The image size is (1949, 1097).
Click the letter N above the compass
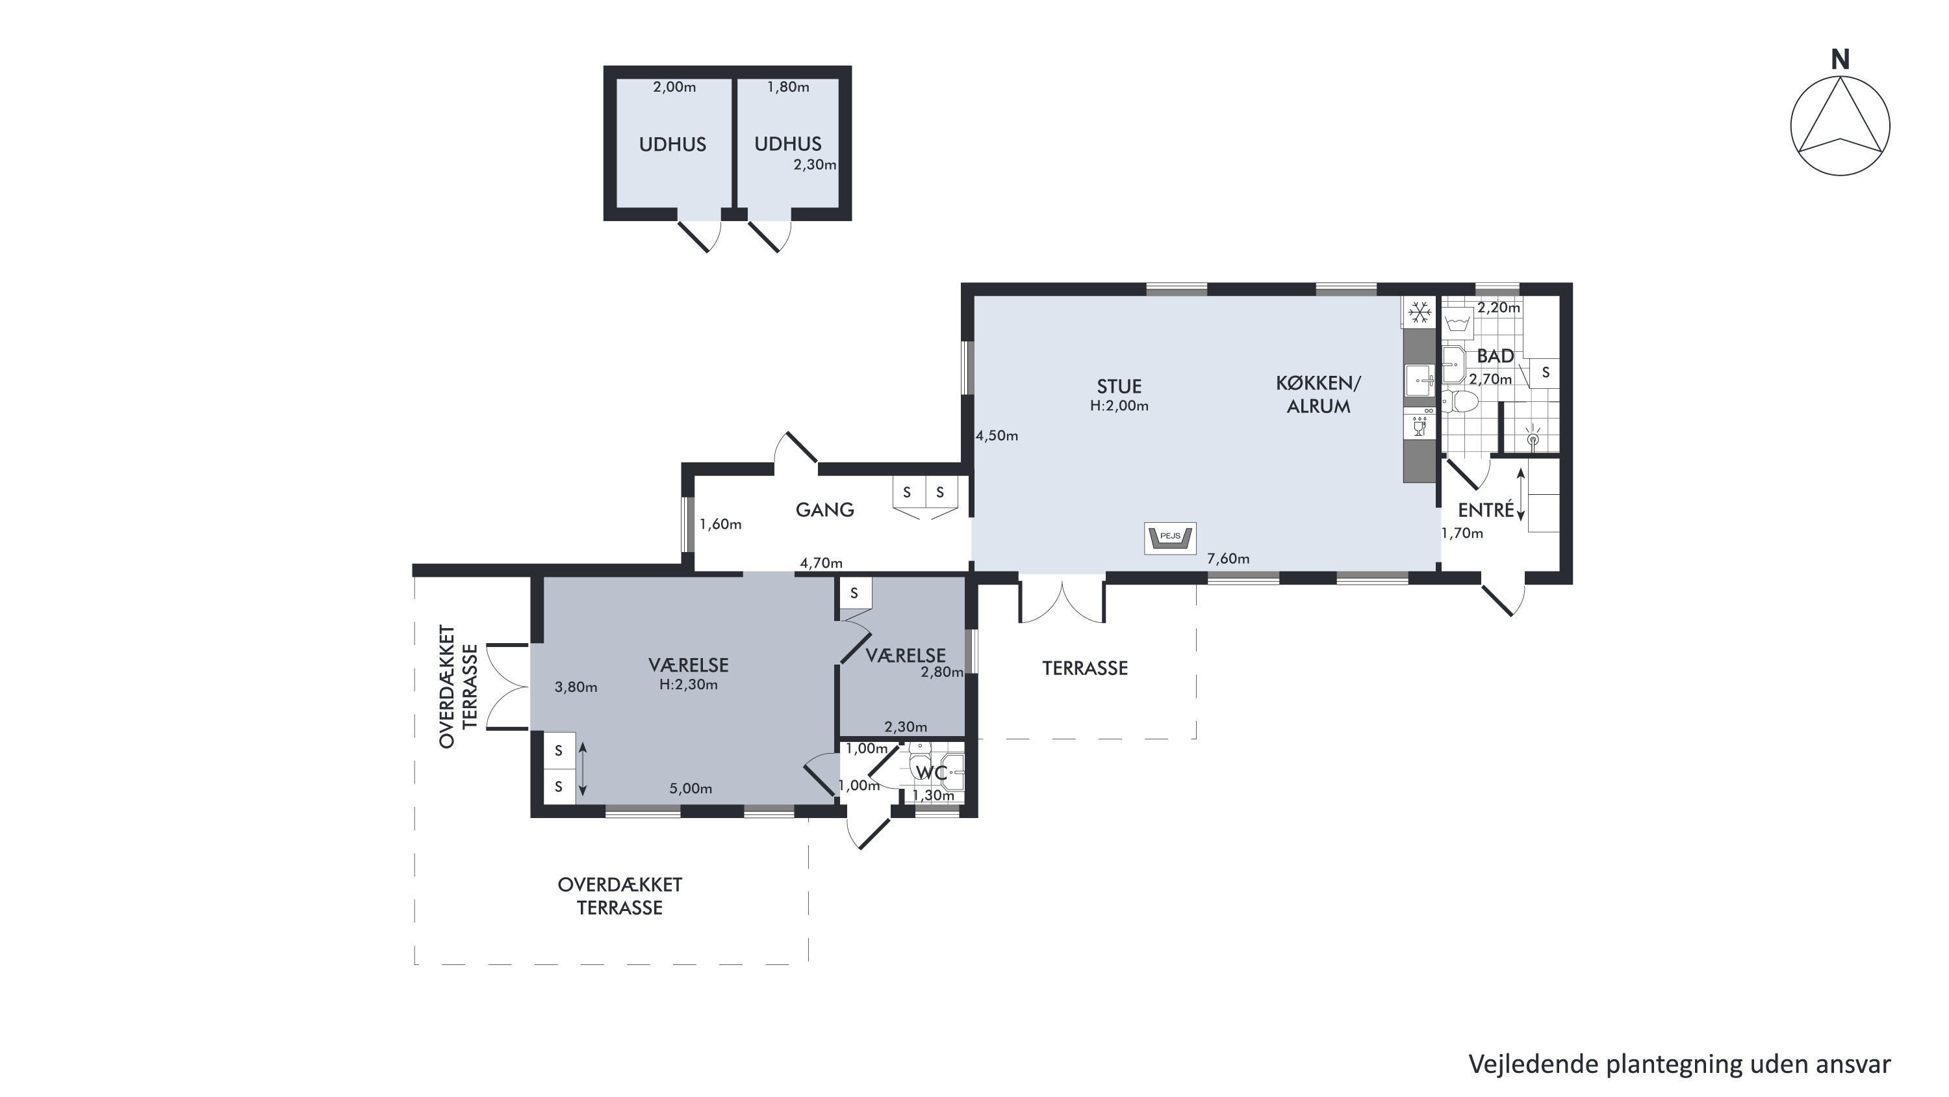tap(1840, 59)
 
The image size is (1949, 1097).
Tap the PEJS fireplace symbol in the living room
tap(1169, 538)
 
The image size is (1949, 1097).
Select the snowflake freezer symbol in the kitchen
tap(1419, 311)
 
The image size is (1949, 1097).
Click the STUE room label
tap(1119, 386)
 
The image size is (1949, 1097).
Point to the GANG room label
tap(824, 510)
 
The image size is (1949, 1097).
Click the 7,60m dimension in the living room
tap(1228, 559)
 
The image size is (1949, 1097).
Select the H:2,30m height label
tap(689, 684)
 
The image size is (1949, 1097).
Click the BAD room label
tap(1495, 356)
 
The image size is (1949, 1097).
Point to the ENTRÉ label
tap(1486, 510)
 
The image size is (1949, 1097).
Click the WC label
tap(932, 773)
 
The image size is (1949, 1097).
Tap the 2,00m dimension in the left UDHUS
tap(674, 87)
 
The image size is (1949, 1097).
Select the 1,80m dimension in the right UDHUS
tap(789, 87)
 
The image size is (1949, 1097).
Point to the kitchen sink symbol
tap(1420, 379)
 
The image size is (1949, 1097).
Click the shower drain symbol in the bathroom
tap(1533, 438)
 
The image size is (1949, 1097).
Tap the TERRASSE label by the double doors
tap(1085, 668)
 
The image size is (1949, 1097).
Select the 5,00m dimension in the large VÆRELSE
tap(691, 788)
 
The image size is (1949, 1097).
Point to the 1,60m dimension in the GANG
tap(720, 524)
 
